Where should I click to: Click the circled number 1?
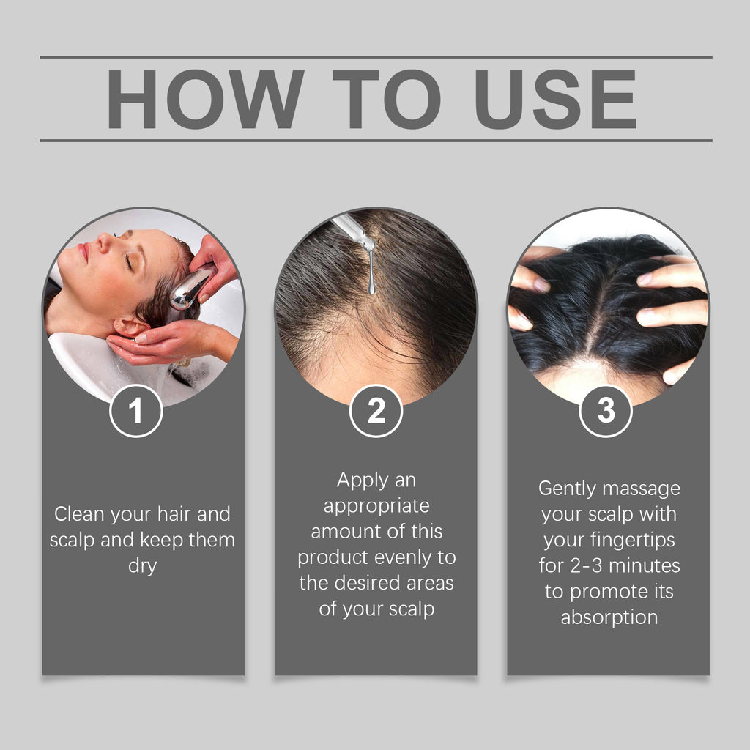[136, 412]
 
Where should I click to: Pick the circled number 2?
[376, 412]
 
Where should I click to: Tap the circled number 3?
[606, 411]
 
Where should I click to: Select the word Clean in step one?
[81, 514]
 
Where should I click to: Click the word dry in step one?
[143, 566]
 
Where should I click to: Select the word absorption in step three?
[609, 617]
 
